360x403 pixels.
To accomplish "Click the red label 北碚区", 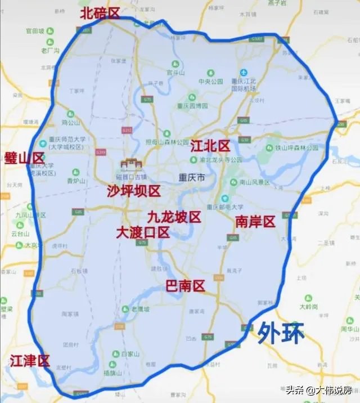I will [100, 13].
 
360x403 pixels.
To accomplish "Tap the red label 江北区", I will [210, 146].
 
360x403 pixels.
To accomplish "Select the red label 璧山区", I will [24, 158].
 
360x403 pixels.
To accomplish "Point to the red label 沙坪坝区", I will [134, 191].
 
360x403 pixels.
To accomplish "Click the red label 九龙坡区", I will [174, 217].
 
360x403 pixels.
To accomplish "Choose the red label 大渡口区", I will [143, 232].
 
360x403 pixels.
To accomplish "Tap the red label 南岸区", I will [255, 221].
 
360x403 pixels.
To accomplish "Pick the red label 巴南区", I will [184, 286].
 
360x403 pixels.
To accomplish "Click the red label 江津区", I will [30, 361].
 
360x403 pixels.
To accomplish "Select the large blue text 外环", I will [281, 333].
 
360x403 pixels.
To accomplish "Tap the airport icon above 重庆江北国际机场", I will [244, 73].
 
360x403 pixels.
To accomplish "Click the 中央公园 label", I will [211, 80].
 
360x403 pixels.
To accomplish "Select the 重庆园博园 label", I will [192, 105].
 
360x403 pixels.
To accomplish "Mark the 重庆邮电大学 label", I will [226, 207].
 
